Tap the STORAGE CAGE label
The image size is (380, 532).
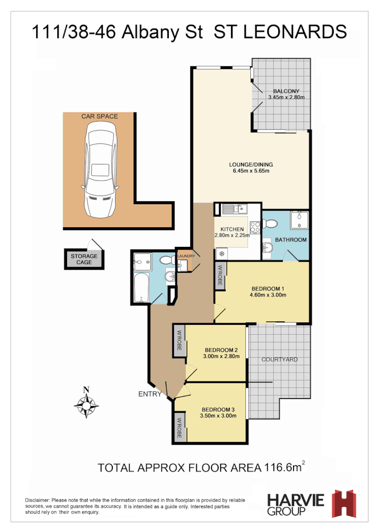click(84, 259)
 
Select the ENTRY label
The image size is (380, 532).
click(150, 394)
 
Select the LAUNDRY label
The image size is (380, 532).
click(185, 256)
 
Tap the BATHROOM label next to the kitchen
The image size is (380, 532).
click(291, 240)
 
